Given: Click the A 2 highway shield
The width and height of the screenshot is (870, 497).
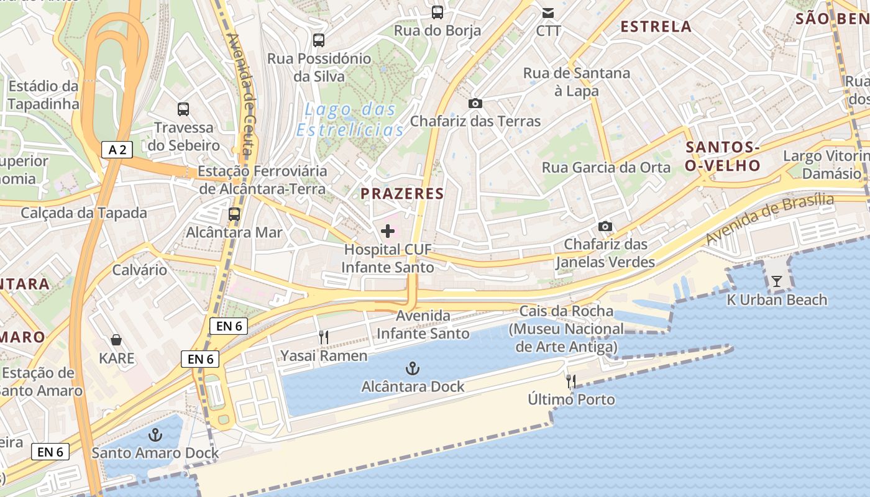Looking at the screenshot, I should [117, 149].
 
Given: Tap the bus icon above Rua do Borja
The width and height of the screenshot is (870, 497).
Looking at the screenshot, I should [437, 12].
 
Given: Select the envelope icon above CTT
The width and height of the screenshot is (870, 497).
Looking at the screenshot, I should [548, 12].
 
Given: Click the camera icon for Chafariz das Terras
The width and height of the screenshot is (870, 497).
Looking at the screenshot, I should [475, 103].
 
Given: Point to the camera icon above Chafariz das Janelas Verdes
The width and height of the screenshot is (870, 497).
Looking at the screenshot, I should [605, 226].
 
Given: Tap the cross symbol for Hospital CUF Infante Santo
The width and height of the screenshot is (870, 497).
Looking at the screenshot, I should [388, 232].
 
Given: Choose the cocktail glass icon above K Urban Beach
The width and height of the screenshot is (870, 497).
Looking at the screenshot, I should [777, 281].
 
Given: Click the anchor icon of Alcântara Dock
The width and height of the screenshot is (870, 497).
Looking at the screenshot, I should [412, 369].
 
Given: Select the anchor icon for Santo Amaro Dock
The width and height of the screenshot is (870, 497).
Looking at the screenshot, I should [155, 434].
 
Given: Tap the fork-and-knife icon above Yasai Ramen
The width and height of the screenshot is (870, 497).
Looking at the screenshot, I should [323, 337].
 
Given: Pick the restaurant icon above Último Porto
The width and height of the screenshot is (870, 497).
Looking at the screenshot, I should [571, 381].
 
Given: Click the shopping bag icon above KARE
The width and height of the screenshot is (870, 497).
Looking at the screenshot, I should [116, 340].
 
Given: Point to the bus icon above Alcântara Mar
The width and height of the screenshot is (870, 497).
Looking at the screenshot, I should [234, 214].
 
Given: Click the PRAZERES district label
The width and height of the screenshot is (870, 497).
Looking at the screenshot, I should [403, 193].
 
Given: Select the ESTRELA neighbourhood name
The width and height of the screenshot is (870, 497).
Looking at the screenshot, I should [656, 26].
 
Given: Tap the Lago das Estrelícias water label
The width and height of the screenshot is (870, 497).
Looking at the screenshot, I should [350, 119].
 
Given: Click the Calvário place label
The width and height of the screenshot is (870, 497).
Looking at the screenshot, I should [139, 270].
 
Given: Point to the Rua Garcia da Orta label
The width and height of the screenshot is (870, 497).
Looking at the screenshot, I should [606, 167].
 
